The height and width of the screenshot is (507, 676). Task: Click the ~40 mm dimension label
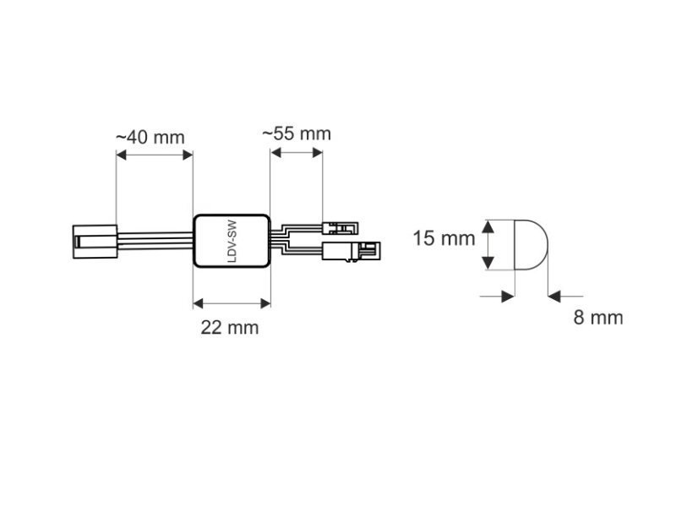[150, 138]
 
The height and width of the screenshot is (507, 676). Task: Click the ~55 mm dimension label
[297, 134]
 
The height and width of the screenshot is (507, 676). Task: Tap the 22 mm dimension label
[230, 328]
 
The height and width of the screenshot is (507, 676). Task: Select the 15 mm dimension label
[444, 238]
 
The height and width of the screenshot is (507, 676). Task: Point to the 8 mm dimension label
[598, 318]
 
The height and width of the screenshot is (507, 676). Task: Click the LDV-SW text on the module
[232, 242]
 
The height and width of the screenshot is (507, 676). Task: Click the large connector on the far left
[95, 242]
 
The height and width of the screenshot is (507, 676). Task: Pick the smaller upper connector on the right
[341, 228]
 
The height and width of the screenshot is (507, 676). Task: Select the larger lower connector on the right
[352, 251]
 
